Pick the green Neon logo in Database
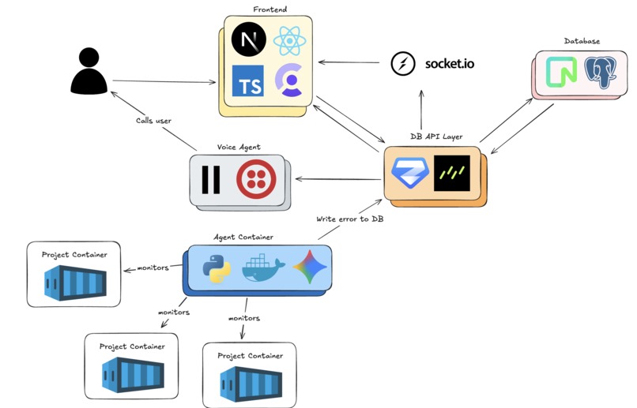pyautogui.click(x=563, y=72)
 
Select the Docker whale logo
pyautogui.click(x=262, y=269)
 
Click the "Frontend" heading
pyautogui.click(x=269, y=9)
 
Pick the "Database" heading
pyautogui.click(x=582, y=40)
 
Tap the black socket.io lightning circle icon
pyautogui.click(x=404, y=62)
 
